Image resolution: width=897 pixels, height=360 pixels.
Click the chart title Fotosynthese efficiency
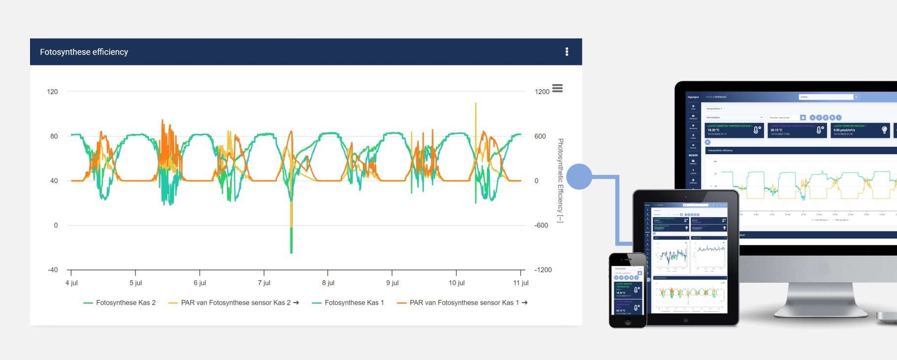point(84,52)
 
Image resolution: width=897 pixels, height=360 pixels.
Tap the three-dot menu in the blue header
point(567,52)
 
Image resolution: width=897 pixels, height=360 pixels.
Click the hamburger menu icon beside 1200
point(557,89)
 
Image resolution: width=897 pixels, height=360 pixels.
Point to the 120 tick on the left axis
point(52,92)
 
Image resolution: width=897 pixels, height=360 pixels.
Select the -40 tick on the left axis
point(53,270)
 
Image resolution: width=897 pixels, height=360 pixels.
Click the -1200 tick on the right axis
point(543,270)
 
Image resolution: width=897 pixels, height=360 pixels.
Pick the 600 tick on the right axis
point(540,136)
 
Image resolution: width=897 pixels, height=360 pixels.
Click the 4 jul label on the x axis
point(71,283)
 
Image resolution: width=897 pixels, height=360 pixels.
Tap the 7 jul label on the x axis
point(264,283)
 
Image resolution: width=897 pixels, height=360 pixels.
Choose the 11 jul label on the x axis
point(520,283)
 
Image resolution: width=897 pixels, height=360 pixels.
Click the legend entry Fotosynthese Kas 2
point(126,303)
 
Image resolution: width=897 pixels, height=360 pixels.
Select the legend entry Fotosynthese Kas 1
point(354,303)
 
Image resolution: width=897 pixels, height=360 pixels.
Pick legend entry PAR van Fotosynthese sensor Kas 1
point(464,303)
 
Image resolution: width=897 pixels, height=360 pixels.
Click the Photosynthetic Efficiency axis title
point(560,180)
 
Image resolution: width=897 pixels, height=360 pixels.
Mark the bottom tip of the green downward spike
point(291,253)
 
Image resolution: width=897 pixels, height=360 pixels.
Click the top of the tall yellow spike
point(476,104)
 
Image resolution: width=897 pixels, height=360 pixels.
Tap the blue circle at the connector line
point(579,176)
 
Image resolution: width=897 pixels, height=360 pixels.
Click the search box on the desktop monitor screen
point(826,97)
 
